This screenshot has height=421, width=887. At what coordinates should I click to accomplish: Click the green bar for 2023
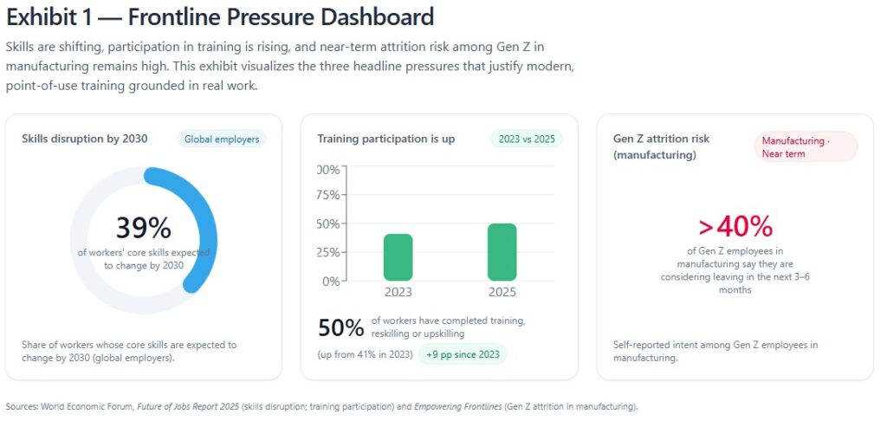pos(398,256)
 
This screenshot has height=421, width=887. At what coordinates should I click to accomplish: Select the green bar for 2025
pos(502,252)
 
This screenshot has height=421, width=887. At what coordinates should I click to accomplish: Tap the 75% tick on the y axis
pos(328,195)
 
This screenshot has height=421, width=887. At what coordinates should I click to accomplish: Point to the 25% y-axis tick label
pos(328,252)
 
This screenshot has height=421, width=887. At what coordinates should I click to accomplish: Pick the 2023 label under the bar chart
pos(398,293)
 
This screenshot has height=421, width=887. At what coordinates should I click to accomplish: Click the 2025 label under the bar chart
pos(502,293)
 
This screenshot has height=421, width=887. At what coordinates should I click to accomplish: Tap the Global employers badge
pos(221,139)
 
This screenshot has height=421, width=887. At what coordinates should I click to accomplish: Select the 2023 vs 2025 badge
pos(527,139)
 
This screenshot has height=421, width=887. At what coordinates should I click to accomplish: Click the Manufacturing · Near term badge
pos(806,146)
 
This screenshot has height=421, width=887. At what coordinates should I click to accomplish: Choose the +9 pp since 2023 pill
pos(463,354)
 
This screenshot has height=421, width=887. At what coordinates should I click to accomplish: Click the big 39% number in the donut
pos(144,228)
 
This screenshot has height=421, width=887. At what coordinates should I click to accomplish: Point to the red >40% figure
pos(735,226)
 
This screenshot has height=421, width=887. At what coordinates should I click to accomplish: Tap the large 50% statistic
pos(340,328)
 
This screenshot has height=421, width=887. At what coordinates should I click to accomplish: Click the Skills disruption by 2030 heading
pos(85,139)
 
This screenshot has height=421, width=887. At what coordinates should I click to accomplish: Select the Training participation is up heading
pos(385,139)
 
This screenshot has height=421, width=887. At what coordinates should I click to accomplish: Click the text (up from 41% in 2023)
pos(364,354)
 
